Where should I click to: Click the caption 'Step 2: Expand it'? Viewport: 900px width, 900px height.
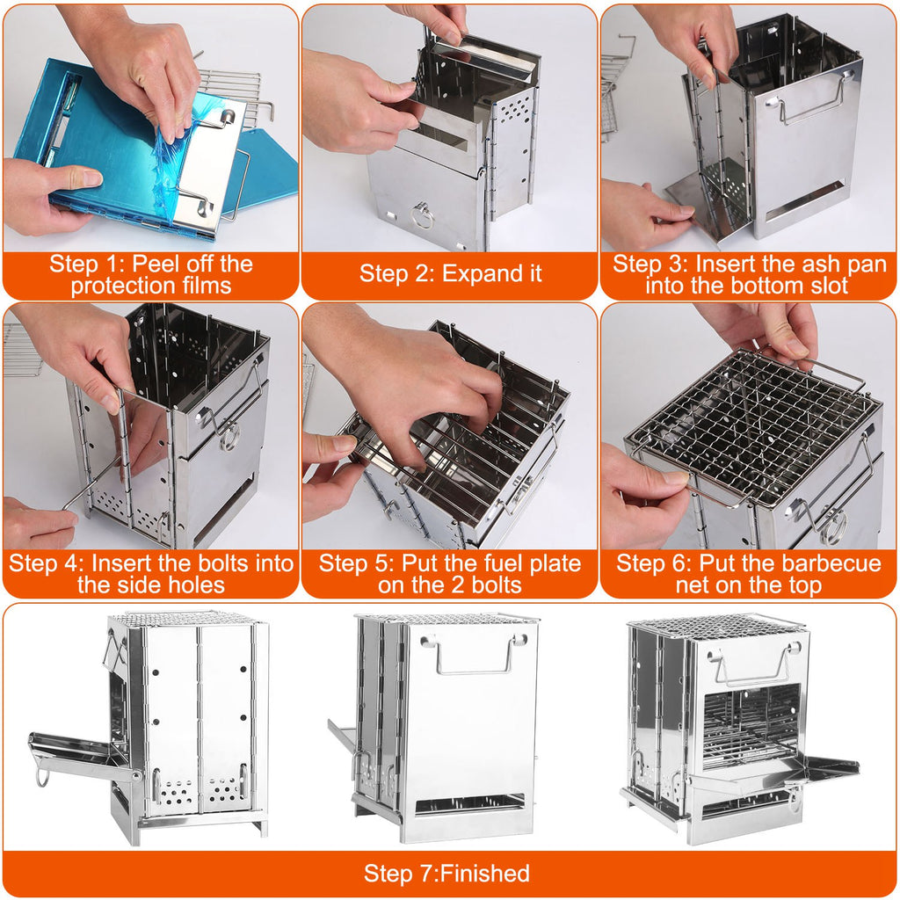click(450, 273)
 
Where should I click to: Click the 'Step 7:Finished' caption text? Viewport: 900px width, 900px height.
click(446, 874)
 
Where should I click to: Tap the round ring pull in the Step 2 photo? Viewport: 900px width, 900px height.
click(423, 214)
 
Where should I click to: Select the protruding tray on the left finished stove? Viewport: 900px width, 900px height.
click(79, 751)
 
